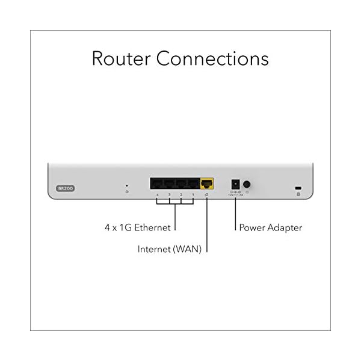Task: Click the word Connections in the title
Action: point(212,59)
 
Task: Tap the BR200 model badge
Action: point(65,188)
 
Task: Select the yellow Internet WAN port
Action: point(207,184)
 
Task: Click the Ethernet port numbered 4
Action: point(157,184)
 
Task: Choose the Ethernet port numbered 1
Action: point(193,184)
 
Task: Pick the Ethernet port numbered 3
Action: point(169,184)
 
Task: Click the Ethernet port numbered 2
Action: point(180,184)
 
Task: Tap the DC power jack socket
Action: point(235,184)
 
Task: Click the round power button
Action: point(247,184)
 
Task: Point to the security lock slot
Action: point(298,188)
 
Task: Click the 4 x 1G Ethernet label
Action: point(137,228)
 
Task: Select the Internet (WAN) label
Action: point(169,248)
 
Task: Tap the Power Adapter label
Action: point(270,228)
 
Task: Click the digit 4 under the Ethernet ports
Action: point(157,195)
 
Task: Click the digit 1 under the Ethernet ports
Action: point(193,195)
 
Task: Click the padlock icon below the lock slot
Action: point(298,194)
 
